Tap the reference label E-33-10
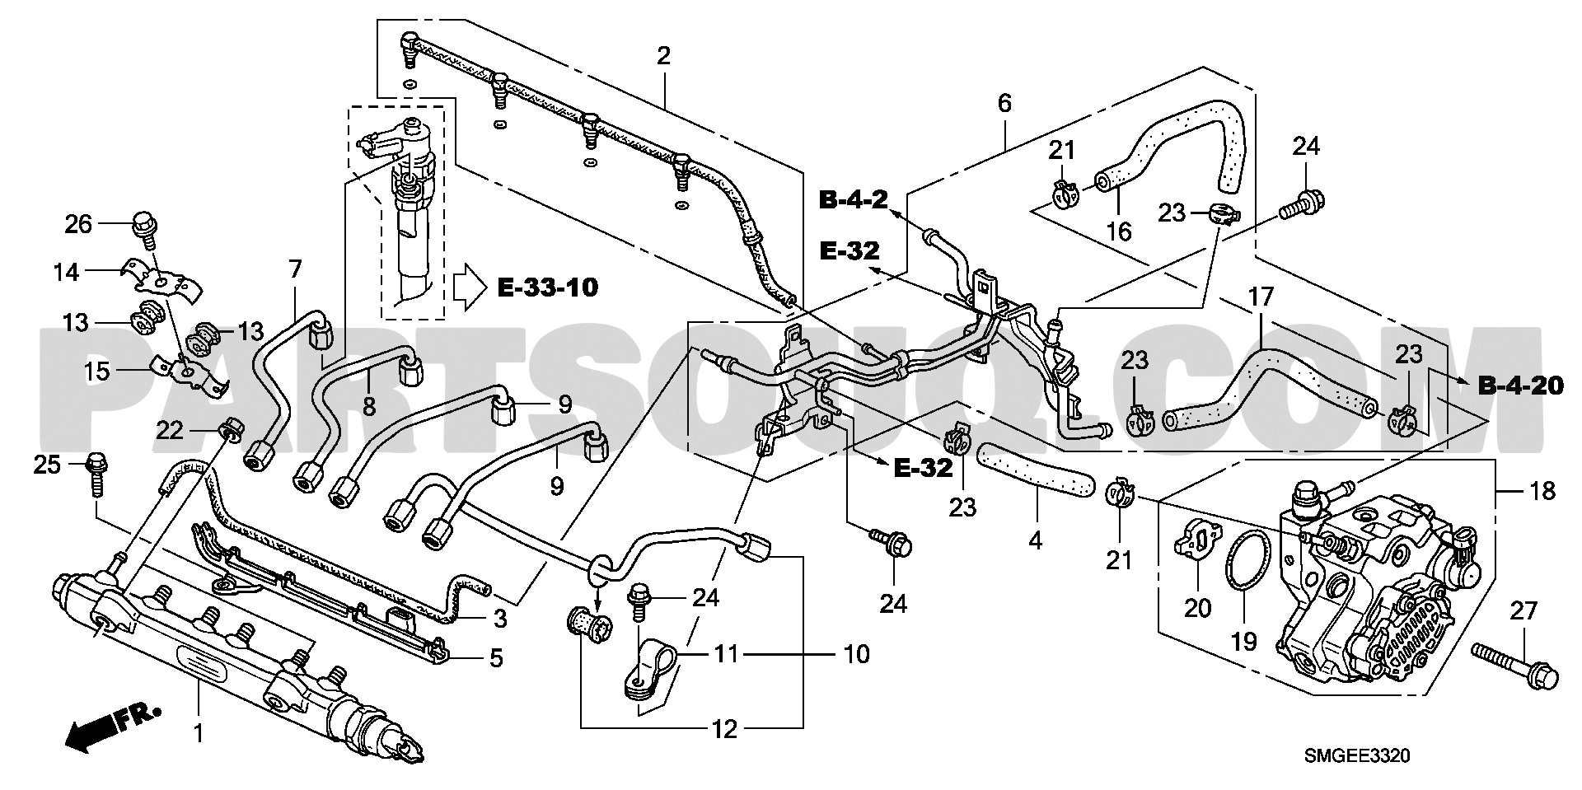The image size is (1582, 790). coord(548,287)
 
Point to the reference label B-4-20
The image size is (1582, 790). coord(1520,385)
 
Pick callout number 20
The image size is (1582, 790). coord(1197,608)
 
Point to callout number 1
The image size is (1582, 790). coord(198,731)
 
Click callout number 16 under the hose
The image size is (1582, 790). coord(1118,231)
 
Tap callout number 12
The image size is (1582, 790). coord(725,730)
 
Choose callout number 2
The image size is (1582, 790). coord(663,56)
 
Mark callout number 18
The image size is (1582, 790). coord(1543,492)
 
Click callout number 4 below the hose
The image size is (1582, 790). coord(1035,540)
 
